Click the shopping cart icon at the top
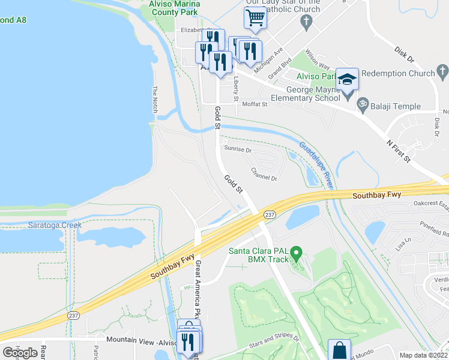[256, 19]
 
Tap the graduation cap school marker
[347, 79]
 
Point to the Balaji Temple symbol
[362, 104]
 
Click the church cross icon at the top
[307, 22]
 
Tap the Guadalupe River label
[316, 161]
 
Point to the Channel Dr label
[264, 174]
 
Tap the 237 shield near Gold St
[270, 215]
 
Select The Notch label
[154, 100]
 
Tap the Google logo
[20, 353]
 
